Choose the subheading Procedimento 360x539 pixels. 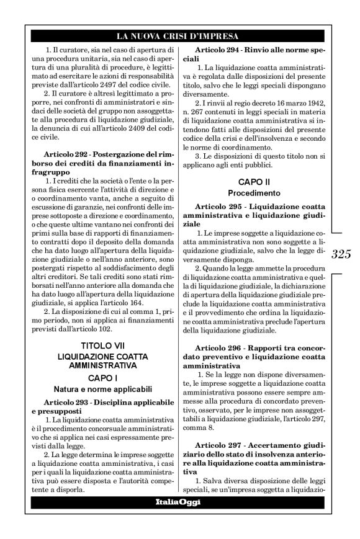pyautogui.click(x=256, y=193)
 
